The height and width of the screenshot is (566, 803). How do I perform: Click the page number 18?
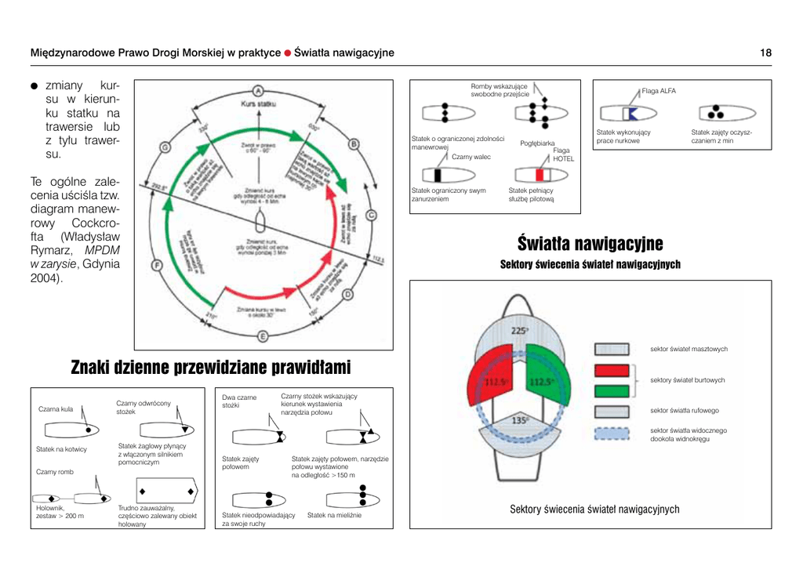point(765,53)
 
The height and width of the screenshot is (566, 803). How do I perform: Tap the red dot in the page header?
point(288,53)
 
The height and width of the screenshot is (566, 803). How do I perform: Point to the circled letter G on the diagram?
point(165,147)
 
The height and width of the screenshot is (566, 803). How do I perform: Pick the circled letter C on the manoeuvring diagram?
point(371,216)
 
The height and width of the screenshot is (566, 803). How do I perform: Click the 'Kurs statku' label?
point(263,104)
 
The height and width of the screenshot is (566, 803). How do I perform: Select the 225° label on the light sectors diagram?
point(518,332)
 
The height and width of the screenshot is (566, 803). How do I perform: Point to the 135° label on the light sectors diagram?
point(519,421)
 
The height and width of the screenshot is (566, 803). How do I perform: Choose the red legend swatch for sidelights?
point(612,371)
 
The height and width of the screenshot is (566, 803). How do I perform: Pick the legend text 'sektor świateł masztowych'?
point(689,349)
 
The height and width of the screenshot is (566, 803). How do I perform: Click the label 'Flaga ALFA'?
point(658,91)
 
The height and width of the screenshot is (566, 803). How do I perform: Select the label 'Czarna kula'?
point(55,409)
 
